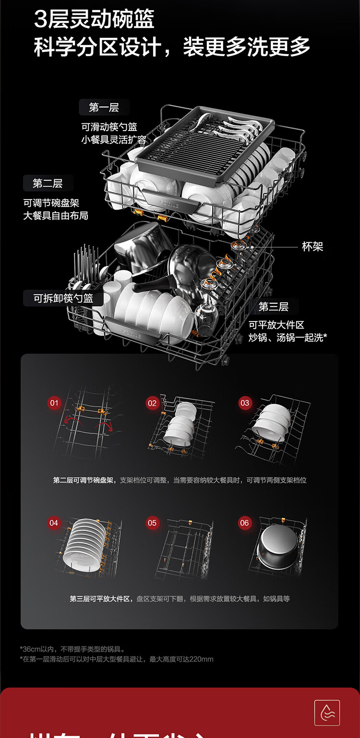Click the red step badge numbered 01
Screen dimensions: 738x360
click(x=54, y=403)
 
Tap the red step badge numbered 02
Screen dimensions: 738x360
click(x=152, y=404)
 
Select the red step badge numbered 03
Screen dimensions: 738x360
click(x=245, y=403)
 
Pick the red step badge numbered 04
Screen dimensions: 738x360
click(x=54, y=523)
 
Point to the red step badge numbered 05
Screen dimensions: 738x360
click(x=152, y=523)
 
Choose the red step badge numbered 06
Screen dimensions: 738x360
click(x=245, y=523)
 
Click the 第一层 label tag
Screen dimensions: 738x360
click(x=104, y=107)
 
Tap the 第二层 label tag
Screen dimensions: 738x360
click(x=48, y=183)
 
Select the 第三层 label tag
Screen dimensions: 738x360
click(x=273, y=307)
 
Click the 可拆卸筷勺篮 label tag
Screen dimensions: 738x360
click(x=63, y=298)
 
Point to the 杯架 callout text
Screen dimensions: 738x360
click(x=312, y=247)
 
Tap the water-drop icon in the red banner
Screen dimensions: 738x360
click(x=327, y=713)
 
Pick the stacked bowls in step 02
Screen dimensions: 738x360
click(x=180, y=422)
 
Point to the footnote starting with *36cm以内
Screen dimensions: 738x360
click(x=72, y=649)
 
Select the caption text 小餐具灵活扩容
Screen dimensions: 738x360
click(x=114, y=140)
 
